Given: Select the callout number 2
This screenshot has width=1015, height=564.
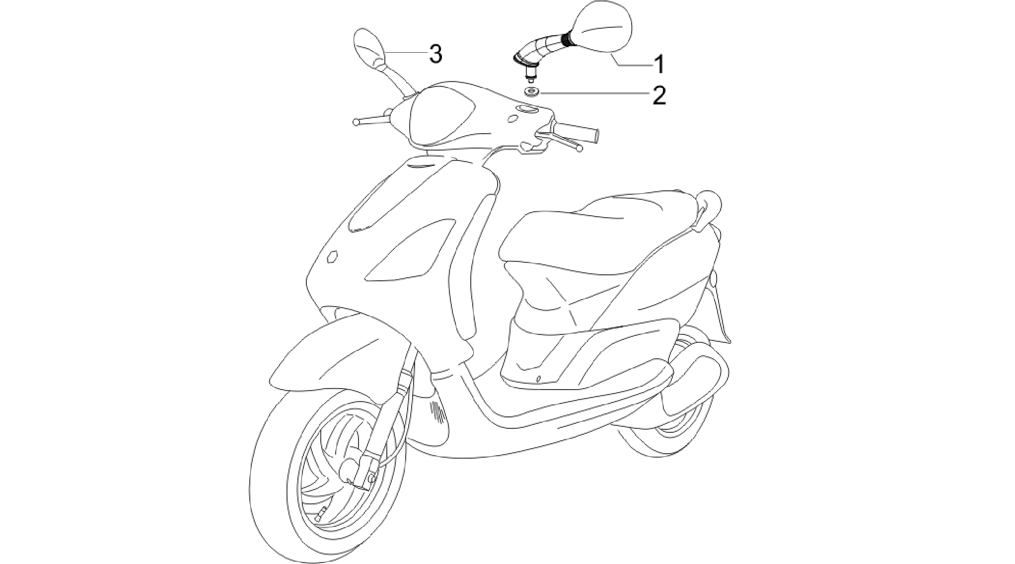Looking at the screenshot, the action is point(659,95).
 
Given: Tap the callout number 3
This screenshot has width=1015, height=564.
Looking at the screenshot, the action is point(435,54).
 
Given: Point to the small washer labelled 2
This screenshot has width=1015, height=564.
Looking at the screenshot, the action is point(532,92).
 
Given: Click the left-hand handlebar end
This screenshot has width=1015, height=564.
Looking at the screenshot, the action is point(356,121).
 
